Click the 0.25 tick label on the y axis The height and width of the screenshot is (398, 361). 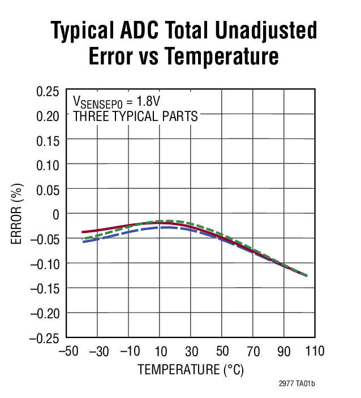point(48,92)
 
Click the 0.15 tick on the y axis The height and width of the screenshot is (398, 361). point(48,141)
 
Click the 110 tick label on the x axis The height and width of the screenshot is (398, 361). point(314,352)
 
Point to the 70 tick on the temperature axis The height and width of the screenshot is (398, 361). point(252,352)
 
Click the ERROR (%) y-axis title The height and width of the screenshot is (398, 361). point(18,214)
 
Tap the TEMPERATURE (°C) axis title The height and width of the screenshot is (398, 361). point(191,370)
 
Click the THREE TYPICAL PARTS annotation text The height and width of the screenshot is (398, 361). point(136,117)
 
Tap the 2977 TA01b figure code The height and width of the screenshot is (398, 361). point(296,384)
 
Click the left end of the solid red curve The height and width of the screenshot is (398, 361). point(83,232)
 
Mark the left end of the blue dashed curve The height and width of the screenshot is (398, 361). point(83,241)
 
